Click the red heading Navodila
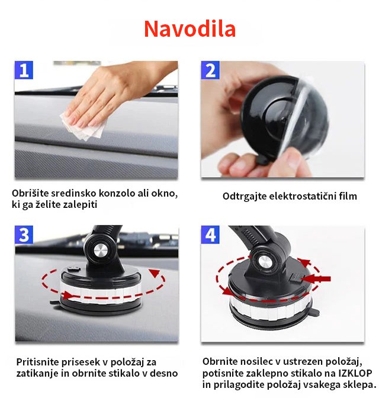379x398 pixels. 189,28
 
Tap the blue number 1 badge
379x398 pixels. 24,70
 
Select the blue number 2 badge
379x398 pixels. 210,70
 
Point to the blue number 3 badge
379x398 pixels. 24,235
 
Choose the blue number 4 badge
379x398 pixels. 210,235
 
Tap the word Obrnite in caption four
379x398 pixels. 220,362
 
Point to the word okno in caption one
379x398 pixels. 164,194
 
